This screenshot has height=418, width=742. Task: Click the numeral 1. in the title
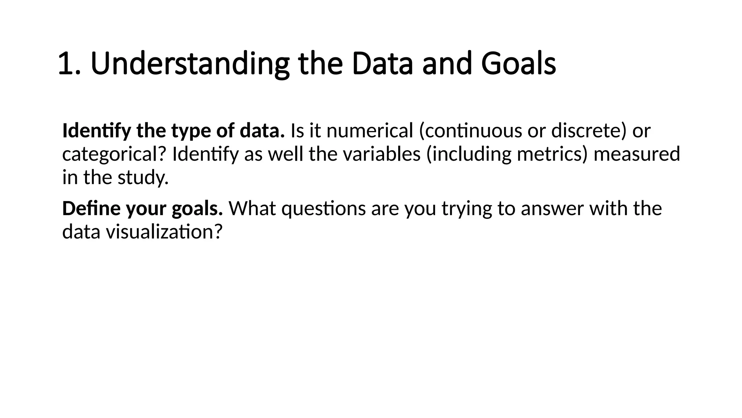69,64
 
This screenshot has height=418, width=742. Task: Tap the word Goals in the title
518,64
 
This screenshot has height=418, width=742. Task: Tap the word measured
637,154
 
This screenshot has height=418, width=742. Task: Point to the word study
143,178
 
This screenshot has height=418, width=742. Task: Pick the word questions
324,209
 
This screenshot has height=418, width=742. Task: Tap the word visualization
163,232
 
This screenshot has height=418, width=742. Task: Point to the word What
252,209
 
